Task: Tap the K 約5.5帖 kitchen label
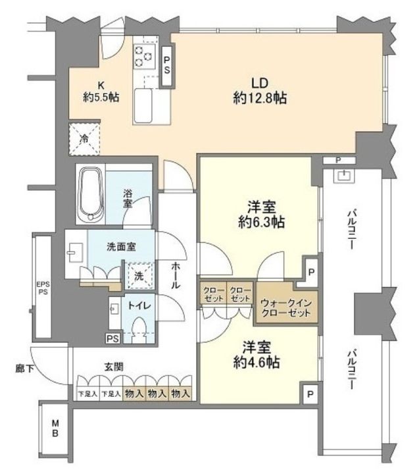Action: coord(101,91)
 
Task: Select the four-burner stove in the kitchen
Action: coord(143,55)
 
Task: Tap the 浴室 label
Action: coord(128,198)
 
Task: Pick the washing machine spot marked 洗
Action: coord(138,276)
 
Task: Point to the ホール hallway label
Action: coord(176,275)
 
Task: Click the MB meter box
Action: coord(56,429)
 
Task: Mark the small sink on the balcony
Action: coord(343,175)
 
